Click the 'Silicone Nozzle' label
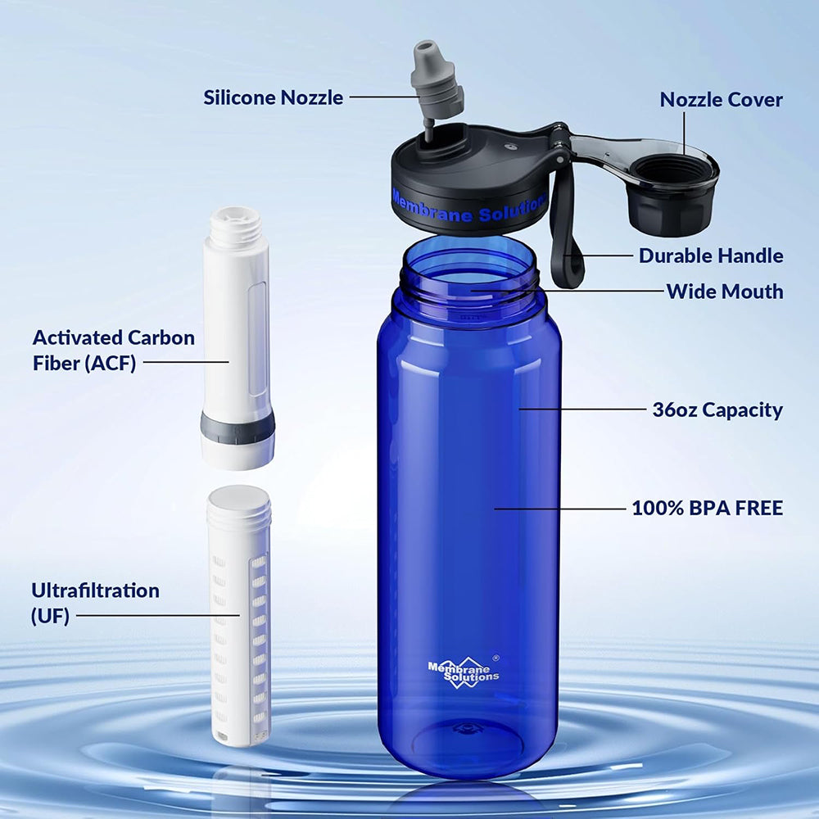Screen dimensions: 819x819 point(274,97)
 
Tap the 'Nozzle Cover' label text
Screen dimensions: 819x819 point(721,100)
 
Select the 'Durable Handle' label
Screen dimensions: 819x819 point(711,256)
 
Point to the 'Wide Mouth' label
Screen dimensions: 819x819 point(724,291)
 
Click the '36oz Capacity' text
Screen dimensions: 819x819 point(717,409)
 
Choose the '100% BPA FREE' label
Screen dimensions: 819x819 point(707,508)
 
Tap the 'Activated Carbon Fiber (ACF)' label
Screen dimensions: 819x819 point(114,350)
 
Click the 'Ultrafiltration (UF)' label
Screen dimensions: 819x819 point(95,602)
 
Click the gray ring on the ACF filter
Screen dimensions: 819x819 point(238,428)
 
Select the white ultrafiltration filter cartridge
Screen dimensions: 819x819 point(238,614)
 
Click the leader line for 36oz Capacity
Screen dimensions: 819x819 point(581,409)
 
